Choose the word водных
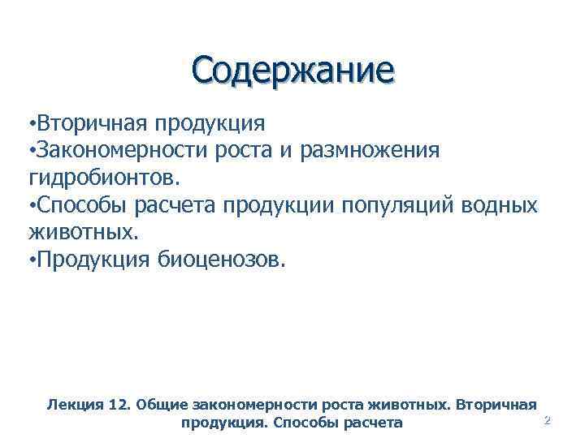point(499,205)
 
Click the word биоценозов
point(217,260)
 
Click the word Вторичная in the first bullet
point(87,122)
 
